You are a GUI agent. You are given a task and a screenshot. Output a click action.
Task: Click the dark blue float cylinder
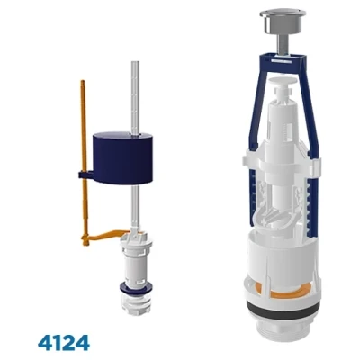(x=122, y=158)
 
